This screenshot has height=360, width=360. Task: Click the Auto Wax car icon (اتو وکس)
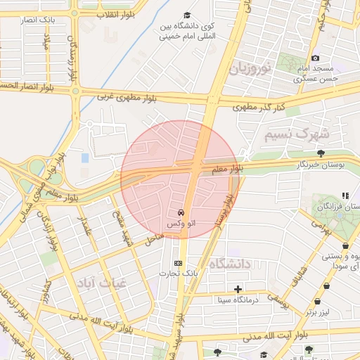[x=181, y=212]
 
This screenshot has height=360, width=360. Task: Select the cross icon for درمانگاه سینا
[x=238, y=289]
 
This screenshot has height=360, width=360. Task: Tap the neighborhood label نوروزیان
[x=250, y=68]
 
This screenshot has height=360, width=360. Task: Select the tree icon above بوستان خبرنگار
[x=321, y=153]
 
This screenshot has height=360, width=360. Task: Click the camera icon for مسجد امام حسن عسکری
[x=315, y=58]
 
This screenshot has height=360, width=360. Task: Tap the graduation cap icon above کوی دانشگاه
[x=186, y=15]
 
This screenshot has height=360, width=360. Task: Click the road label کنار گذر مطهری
[x=259, y=106]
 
